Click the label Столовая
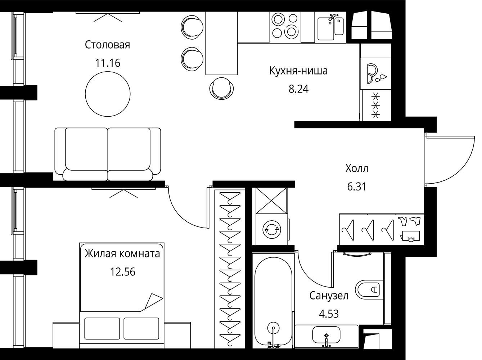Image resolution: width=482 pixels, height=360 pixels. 107,45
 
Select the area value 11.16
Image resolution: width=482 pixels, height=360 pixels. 108,63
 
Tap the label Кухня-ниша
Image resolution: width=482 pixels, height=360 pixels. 298,71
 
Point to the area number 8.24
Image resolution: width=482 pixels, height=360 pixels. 298,89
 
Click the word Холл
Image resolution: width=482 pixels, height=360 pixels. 357,168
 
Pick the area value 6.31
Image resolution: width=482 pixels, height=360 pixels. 357,187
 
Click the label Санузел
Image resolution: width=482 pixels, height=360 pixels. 329,296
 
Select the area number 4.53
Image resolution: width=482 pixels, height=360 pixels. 329,314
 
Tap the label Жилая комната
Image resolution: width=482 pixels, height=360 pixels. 122,253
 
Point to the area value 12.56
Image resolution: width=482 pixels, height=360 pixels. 122,272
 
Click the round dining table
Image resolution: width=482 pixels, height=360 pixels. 108,94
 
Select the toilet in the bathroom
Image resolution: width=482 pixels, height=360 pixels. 369,289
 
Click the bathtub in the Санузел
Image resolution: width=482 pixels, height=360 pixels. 273,303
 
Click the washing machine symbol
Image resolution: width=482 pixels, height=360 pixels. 272,229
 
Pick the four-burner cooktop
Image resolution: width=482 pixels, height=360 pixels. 285,27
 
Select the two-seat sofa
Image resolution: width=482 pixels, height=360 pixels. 108,154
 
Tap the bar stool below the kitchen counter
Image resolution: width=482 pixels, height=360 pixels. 221,88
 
